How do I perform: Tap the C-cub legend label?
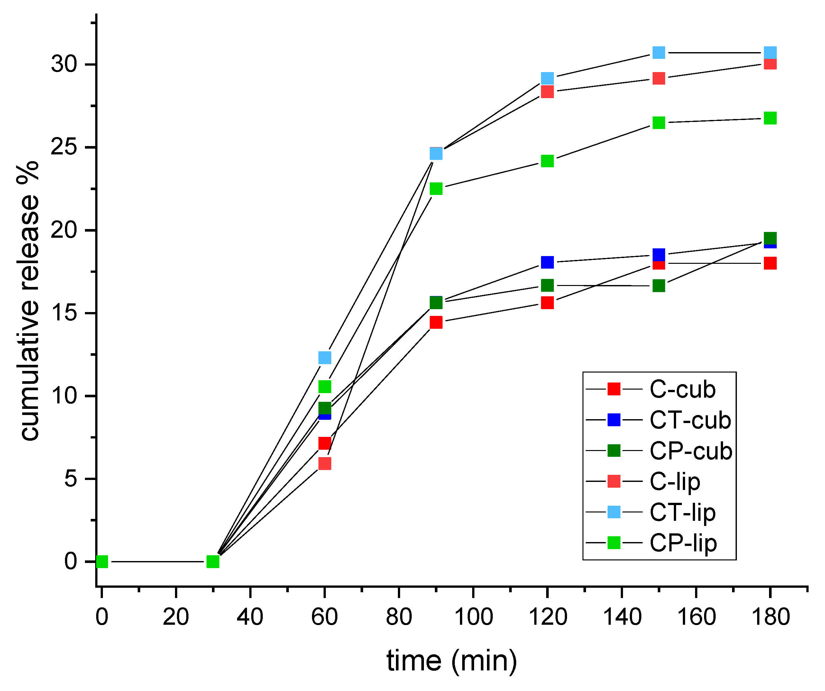click(x=683, y=389)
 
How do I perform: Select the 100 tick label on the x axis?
click(x=473, y=617)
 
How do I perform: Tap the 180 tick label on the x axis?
click(x=770, y=617)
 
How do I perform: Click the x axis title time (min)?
click(x=452, y=661)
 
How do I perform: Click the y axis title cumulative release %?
click(x=28, y=300)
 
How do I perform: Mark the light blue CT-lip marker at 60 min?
click(x=325, y=357)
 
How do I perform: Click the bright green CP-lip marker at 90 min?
click(x=436, y=189)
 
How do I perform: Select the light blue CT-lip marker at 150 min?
click(x=658, y=52)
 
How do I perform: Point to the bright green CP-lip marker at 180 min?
click(x=770, y=118)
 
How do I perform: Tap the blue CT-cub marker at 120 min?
click(x=547, y=262)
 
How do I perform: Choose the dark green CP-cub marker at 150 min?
click(x=658, y=286)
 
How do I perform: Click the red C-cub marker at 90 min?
click(x=436, y=322)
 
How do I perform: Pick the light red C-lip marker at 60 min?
click(x=325, y=464)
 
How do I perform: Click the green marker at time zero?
click(x=102, y=562)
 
